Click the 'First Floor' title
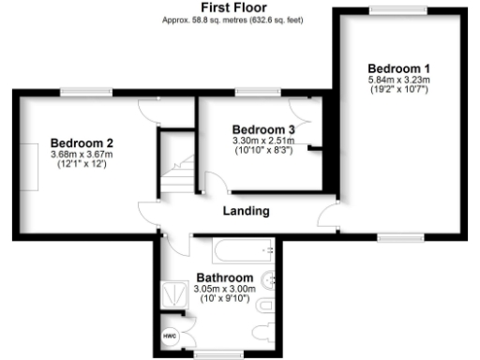click(x=240, y=7)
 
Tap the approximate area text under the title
click(x=240, y=20)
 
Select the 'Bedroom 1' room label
click(x=398, y=68)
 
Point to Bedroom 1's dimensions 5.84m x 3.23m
click(x=398, y=81)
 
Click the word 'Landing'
click(x=246, y=211)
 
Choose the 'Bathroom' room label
click(x=224, y=278)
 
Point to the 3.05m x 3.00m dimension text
click(x=224, y=290)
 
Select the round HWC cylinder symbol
click(x=171, y=335)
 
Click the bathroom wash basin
click(x=269, y=278)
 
